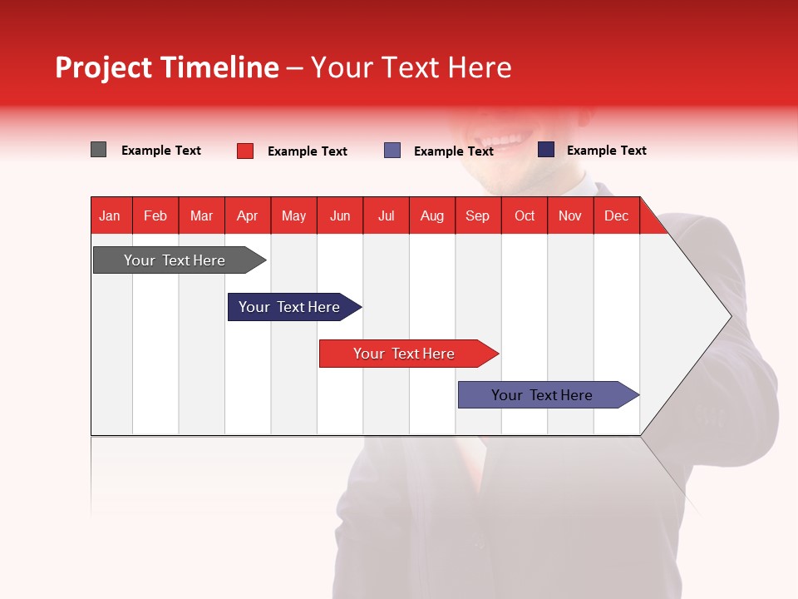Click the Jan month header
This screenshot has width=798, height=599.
coord(110,215)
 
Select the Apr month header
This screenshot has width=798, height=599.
coord(248,215)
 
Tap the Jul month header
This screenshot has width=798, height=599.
coord(386,215)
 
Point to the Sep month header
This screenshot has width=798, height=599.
coord(477,215)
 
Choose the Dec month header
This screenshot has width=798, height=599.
coord(616,215)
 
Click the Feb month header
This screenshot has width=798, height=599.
coord(155,215)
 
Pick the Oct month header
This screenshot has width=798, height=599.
coord(525,215)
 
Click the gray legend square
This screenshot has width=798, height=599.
coord(98,150)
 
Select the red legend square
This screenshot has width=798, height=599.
coord(245,151)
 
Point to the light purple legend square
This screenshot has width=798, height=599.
coord(392,151)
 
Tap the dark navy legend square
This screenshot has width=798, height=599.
coord(546,150)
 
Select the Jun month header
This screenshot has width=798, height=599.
coord(340,215)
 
